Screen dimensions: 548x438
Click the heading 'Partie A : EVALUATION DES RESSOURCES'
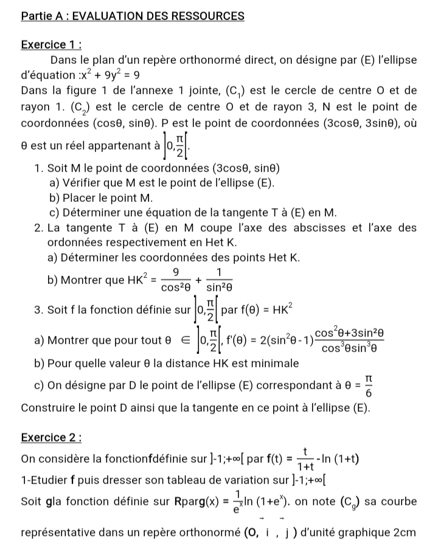tap(133, 16)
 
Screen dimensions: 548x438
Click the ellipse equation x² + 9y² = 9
tap(110, 76)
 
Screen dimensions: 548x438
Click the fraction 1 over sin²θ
tap(218, 279)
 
